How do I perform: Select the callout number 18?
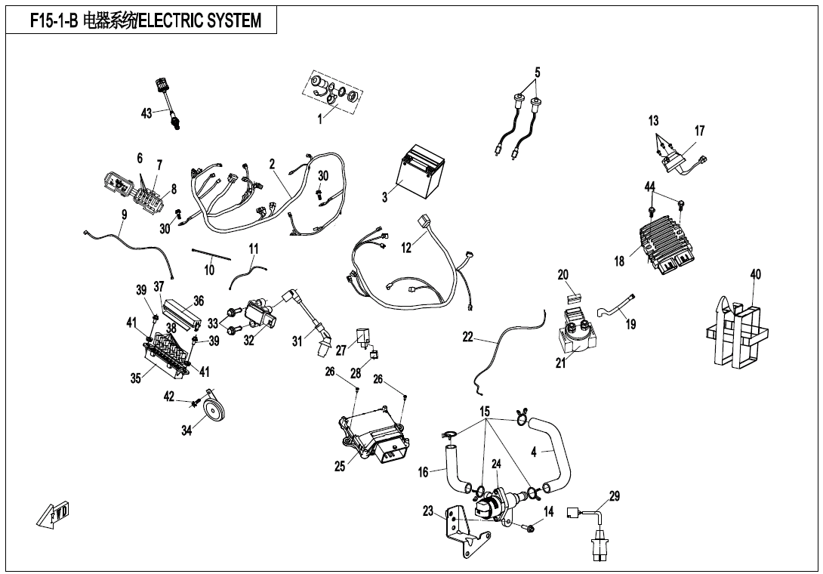[x=619, y=261]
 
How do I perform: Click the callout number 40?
[x=756, y=274]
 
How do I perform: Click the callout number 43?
[x=146, y=113]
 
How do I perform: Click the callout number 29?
[x=615, y=496]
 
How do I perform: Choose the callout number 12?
[x=406, y=248]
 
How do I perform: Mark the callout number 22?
[x=468, y=337]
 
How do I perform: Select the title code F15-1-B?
[x=54, y=20]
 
